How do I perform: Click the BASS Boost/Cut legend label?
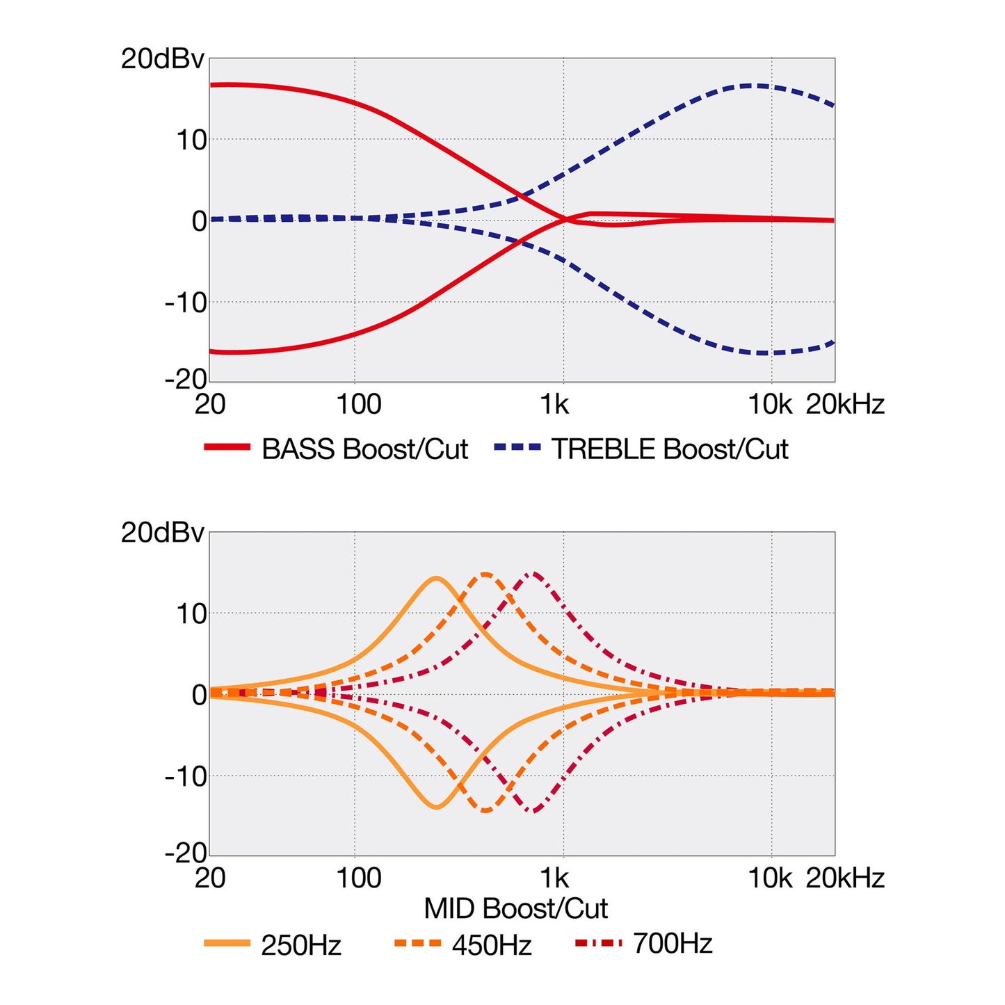pyautogui.click(x=364, y=449)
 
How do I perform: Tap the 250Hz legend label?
pyautogui.click(x=301, y=945)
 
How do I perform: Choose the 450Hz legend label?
pyautogui.click(x=491, y=945)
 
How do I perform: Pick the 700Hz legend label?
pyautogui.click(x=673, y=943)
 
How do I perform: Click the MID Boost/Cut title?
pyautogui.click(x=516, y=908)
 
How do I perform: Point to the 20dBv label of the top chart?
pyautogui.click(x=162, y=59)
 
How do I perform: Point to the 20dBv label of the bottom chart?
pyautogui.click(x=162, y=533)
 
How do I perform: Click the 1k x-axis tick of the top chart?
pyautogui.click(x=554, y=404)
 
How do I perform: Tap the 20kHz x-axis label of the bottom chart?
pyautogui.click(x=845, y=878)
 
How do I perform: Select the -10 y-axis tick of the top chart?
pyautogui.click(x=186, y=303)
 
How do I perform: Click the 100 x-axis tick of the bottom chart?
pyautogui.click(x=359, y=878)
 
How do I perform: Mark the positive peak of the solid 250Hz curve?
pyautogui.click(x=436, y=577)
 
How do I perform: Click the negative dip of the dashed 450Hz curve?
pyautogui.click(x=485, y=811)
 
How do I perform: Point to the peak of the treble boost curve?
pyautogui.click(x=751, y=85)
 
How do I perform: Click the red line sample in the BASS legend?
pyautogui.click(x=227, y=447)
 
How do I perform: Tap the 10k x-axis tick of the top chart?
pyautogui.click(x=770, y=404)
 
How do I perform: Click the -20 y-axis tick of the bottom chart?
pyautogui.click(x=186, y=853)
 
